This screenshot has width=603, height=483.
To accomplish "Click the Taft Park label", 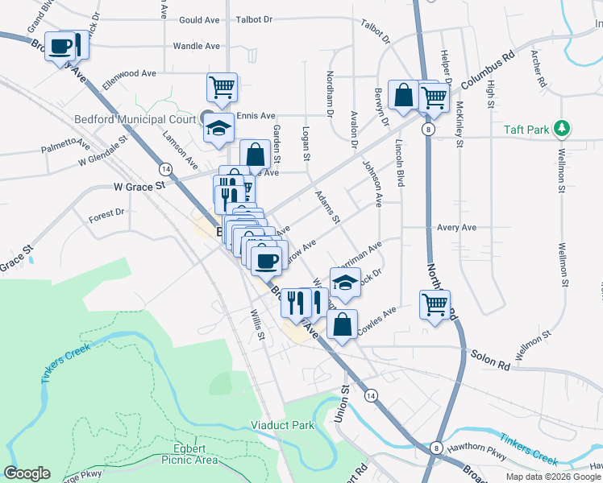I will click(526, 129).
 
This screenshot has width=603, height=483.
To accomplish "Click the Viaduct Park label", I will click(281, 425).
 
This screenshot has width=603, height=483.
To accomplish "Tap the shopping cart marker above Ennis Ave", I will click(221, 86).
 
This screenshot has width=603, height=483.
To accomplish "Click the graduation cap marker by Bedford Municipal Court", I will click(218, 128).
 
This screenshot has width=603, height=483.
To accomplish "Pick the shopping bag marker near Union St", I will click(343, 325).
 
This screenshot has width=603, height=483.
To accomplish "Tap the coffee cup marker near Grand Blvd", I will click(60, 47).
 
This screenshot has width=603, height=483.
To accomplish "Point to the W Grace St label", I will click(137, 185).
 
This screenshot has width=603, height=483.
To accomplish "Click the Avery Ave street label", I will click(456, 228).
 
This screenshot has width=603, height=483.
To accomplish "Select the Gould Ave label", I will click(200, 19).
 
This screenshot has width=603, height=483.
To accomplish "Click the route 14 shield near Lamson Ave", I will click(165, 169).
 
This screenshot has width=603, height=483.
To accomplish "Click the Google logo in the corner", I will click(27, 473).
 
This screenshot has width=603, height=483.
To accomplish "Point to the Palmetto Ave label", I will click(67, 145).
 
